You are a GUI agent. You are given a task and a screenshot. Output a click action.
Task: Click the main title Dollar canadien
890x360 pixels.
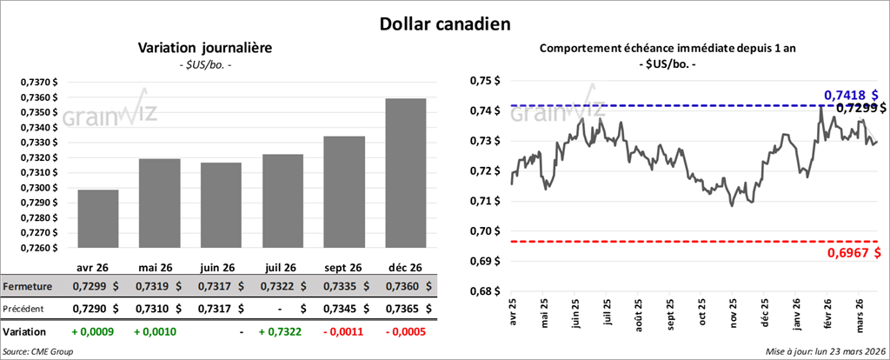pos(444,22)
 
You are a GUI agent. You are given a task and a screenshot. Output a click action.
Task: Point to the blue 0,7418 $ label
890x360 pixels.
pos(850,95)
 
